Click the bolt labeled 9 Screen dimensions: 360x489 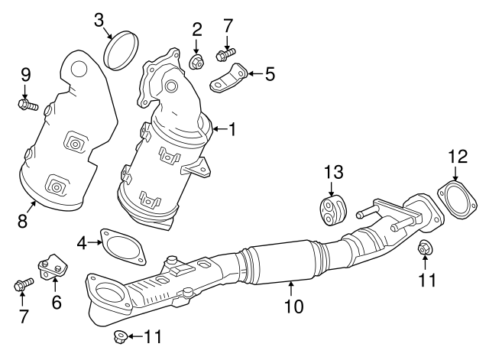tap(28, 104)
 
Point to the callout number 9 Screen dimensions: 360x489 tap(25, 75)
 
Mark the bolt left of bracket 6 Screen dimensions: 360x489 tap(22, 286)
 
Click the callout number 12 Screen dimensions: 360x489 tap(457, 156)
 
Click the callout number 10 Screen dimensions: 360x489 tap(293, 306)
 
